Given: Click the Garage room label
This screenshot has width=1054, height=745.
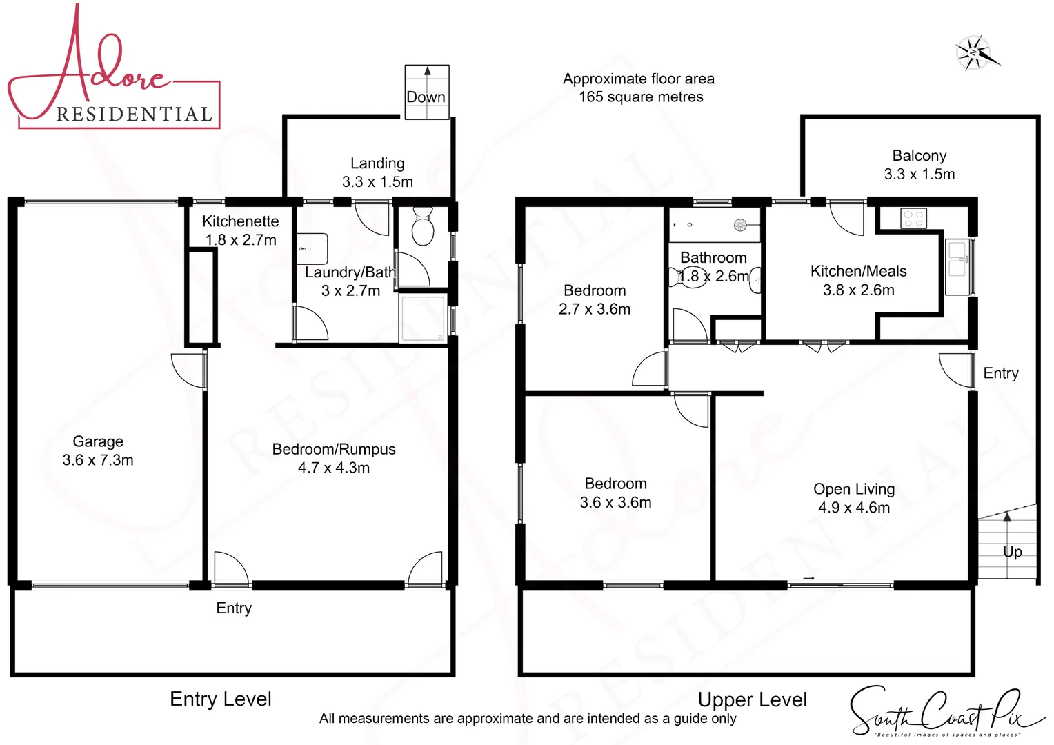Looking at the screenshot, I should point(98,441).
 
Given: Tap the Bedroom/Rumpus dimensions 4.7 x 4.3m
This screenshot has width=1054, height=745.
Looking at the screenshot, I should point(334,468).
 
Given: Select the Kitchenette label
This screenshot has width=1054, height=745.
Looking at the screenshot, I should point(240,221).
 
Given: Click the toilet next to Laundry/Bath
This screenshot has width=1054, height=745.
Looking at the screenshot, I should point(421,226).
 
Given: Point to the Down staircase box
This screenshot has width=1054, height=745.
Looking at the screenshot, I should point(427,92).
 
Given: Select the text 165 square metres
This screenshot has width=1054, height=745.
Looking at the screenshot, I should point(641,97).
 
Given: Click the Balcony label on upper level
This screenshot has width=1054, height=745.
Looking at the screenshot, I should point(919,156).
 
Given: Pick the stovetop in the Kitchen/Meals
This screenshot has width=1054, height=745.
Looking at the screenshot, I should point(913,219).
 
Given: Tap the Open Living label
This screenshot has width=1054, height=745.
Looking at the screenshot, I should point(854,489).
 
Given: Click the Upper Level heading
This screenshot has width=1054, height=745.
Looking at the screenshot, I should point(752,699).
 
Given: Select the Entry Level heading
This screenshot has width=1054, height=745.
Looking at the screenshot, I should point(221,699).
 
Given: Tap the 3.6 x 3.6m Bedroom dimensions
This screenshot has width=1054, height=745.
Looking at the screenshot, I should point(615,502).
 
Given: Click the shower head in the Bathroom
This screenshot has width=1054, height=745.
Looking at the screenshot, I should point(740,225).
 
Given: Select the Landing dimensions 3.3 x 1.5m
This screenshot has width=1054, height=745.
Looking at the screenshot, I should point(377,182).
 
